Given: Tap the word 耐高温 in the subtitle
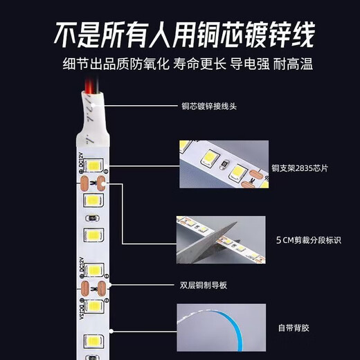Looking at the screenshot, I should [294, 64].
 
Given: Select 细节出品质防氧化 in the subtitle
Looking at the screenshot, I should [101, 64].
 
